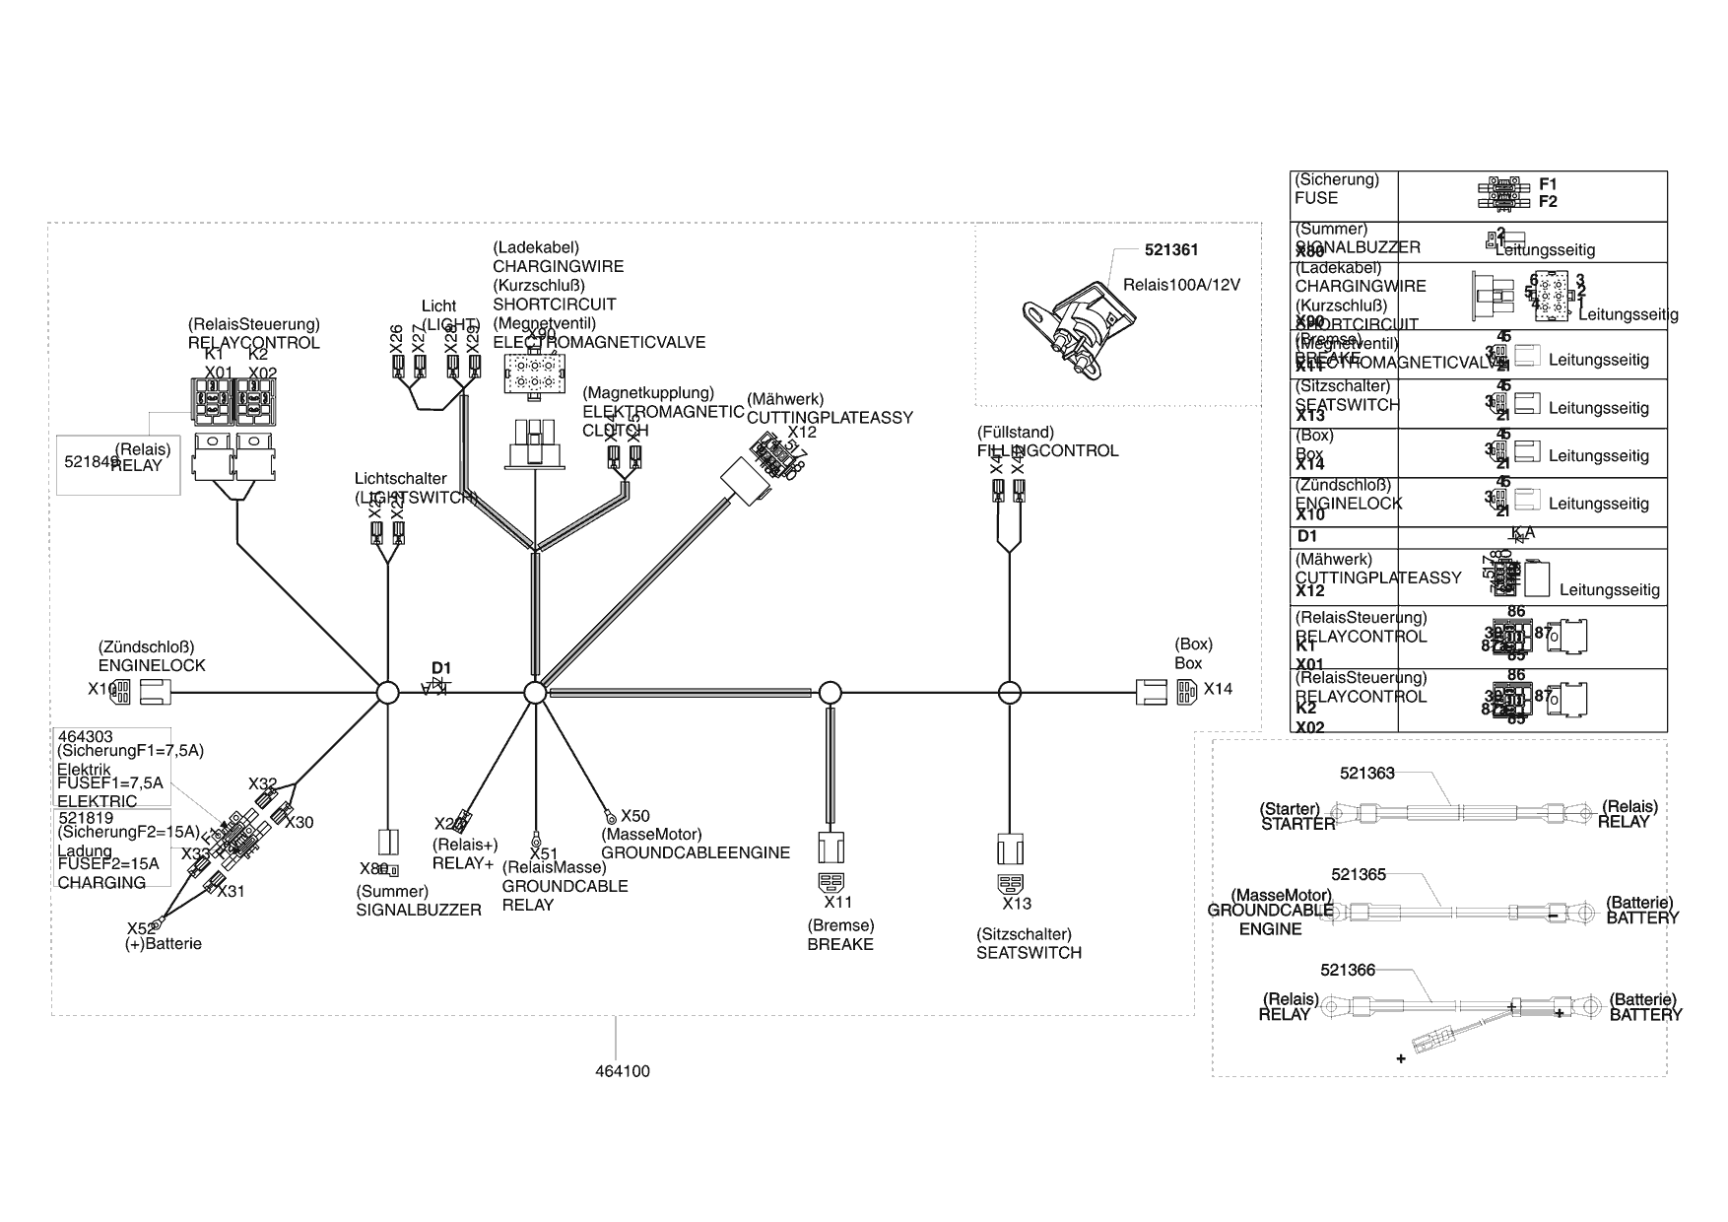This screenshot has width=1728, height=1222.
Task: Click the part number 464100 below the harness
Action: click(623, 1071)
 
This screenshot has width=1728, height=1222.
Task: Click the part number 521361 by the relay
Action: click(1171, 250)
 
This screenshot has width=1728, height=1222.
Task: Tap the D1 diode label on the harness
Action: click(440, 668)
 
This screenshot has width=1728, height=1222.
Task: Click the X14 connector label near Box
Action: click(1218, 689)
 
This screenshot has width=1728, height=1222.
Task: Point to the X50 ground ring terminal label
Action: click(635, 816)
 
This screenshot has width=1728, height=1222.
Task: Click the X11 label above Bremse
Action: click(838, 902)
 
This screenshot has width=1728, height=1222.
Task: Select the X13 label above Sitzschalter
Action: click(1017, 903)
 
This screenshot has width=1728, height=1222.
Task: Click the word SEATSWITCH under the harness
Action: click(1029, 953)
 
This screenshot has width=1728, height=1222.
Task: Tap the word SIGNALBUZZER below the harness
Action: click(419, 910)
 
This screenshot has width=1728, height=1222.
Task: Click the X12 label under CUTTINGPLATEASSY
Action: click(802, 432)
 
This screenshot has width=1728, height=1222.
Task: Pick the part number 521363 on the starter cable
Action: click(1366, 774)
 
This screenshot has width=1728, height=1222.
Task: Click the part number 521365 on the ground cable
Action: click(1359, 874)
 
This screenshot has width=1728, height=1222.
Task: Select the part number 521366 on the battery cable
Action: click(1348, 970)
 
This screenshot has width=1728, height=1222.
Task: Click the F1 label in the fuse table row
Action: click(1548, 184)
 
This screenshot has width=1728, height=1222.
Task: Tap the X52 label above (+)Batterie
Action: click(140, 927)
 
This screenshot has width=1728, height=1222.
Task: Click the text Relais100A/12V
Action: click(1181, 285)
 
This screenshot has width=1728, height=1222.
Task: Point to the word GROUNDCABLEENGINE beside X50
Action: click(696, 852)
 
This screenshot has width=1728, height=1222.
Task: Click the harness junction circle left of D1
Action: click(388, 693)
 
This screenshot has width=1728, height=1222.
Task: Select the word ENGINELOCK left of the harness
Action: click(152, 665)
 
